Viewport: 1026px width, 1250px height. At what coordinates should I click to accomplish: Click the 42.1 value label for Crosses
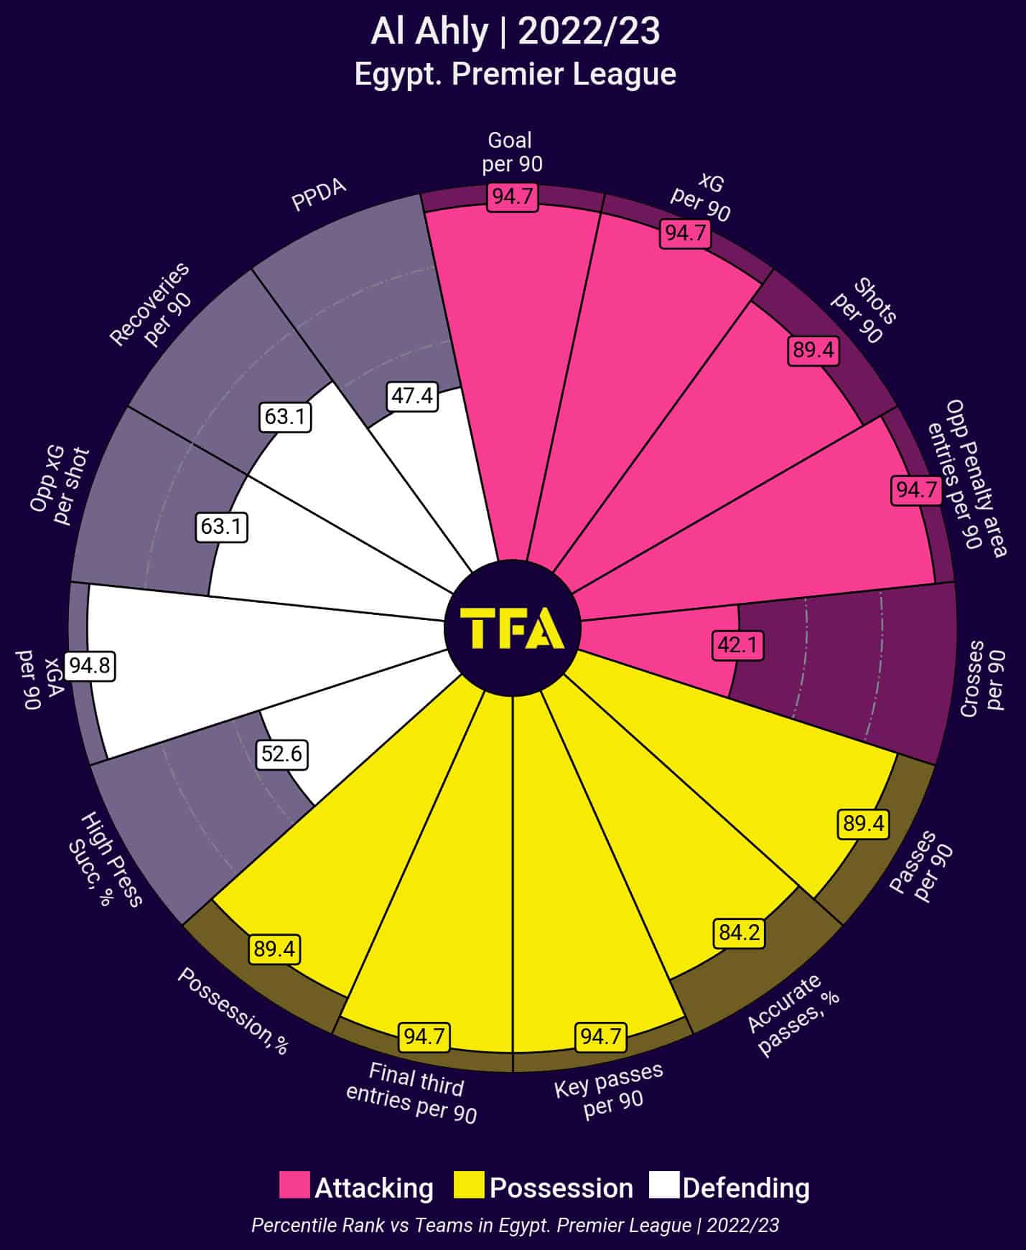click(737, 645)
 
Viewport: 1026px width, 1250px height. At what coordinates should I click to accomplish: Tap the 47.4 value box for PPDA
click(412, 395)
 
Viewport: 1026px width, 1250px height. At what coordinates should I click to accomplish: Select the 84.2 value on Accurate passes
click(739, 933)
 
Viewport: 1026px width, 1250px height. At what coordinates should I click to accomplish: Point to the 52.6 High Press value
click(281, 754)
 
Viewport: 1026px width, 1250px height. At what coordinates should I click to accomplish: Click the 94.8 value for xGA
click(90, 666)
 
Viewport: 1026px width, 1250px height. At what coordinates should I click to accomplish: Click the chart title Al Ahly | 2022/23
click(515, 32)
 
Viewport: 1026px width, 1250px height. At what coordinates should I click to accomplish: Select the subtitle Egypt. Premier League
click(515, 74)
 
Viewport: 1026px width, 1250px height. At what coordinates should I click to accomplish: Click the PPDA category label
click(319, 194)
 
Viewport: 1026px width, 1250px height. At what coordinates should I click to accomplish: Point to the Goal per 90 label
click(511, 152)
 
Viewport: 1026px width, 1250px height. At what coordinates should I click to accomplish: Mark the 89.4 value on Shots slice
click(813, 349)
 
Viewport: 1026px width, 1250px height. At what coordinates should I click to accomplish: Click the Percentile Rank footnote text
click(515, 1224)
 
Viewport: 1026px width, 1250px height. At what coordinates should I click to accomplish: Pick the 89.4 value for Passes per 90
click(864, 823)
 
